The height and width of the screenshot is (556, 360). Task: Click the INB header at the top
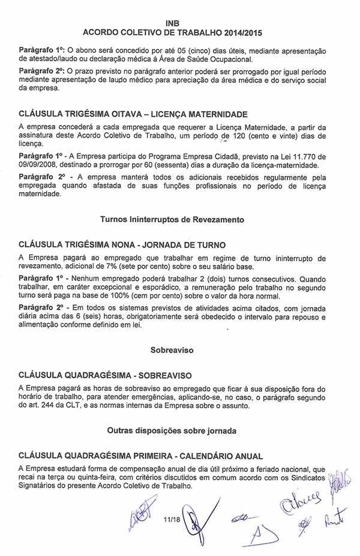(180, 22)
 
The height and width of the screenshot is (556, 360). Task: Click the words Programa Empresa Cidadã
(188, 156)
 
